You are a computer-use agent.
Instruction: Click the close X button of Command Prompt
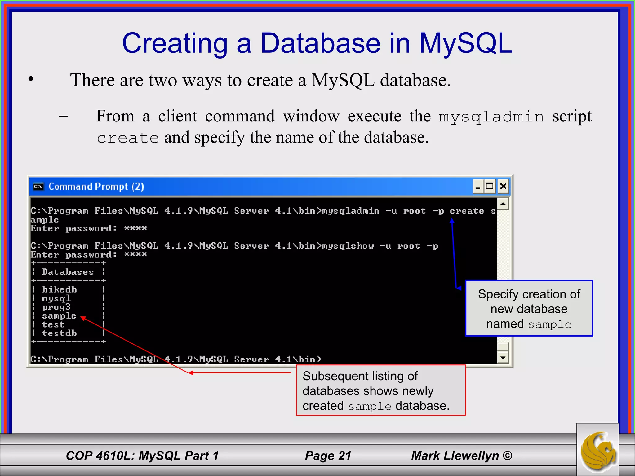[x=503, y=186]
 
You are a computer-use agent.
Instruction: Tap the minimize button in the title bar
[x=478, y=186]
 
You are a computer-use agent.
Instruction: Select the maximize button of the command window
[x=490, y=186]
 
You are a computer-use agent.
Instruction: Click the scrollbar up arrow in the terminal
[x=503, y=204]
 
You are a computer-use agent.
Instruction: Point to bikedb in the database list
[x=59, y=289]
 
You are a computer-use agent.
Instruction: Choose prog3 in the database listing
[x=56, y=307]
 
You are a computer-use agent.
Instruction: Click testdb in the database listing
[x=59, y=333]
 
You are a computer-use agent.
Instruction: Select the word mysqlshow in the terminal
[x=348, y=246]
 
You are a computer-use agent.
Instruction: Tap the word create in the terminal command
[x=467, y=211]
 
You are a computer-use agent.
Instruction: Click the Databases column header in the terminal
[x=68, y=272]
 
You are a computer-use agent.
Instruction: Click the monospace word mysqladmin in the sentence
[x=491, y=117]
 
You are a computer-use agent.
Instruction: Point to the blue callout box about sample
[x=529, y=308]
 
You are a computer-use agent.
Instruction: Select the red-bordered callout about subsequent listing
[x=380, y=390]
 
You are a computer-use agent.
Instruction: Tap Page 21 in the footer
[x=328, y=456]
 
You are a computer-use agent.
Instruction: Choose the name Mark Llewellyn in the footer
[x=455, y=456]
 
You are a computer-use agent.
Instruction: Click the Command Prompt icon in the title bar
[x=38, y=186]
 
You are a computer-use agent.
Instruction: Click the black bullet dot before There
[x=31, y=79]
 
